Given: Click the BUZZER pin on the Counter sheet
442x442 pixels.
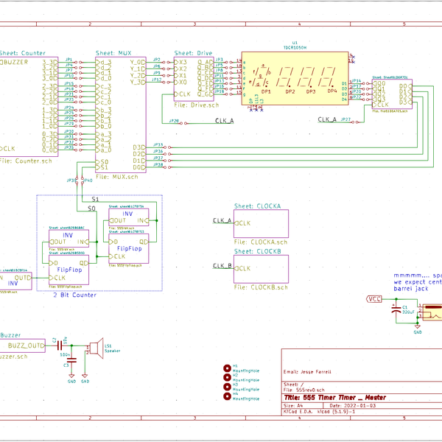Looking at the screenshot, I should tap(16, 63).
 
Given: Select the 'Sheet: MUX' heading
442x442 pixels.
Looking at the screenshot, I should tap(115, 54).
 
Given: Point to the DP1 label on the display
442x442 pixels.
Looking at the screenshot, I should tap(266, 91).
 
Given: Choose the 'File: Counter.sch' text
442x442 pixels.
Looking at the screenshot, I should tap(26, 160).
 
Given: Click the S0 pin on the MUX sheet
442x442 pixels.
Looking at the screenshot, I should tap(104, 161).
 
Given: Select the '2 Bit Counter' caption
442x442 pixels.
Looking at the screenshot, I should tap(73, 295).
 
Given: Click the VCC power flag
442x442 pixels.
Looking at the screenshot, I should tap(374, 299).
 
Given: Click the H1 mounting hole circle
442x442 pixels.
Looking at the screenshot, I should tap(226, 367).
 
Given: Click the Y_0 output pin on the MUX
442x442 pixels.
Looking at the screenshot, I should tap(138, 82).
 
